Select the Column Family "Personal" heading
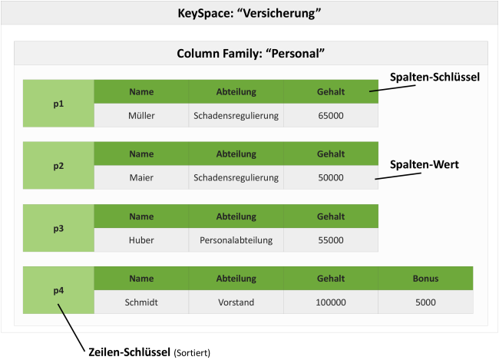pos(249,54)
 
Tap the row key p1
pos(58,103)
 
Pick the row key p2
pos(58,166)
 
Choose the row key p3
pos(58,228)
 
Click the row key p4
pos(58,290)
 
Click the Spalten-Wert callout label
pos(425,164)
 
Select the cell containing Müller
pos(141,115)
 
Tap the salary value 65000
pos(330,115)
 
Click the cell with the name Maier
pos(141,177)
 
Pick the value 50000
pos(330,177)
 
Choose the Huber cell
pos(141,239)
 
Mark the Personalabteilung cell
pos(236,239)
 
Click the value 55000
pos(330,239)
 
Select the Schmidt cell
pos(141,302)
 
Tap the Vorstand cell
pos(236,302)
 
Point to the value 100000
pos(330,302)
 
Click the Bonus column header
pos(425,279)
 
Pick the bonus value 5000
pos(425,302)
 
